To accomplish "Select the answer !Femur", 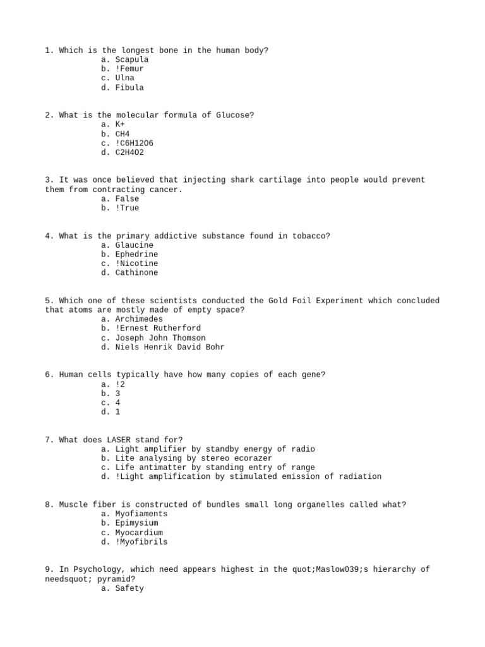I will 129,69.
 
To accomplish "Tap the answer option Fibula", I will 129,88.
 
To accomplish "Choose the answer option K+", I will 120,124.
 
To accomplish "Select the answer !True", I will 128,208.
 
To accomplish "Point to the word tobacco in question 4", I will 311,236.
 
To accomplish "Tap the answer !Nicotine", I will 137,263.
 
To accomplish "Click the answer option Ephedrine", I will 137,254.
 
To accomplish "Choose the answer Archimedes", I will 139,319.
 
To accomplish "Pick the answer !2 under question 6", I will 121,384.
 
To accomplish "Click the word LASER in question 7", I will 111,440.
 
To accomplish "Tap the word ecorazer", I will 251,458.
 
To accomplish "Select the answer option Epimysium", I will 137,523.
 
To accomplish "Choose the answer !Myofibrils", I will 141,542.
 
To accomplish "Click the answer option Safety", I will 129,588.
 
